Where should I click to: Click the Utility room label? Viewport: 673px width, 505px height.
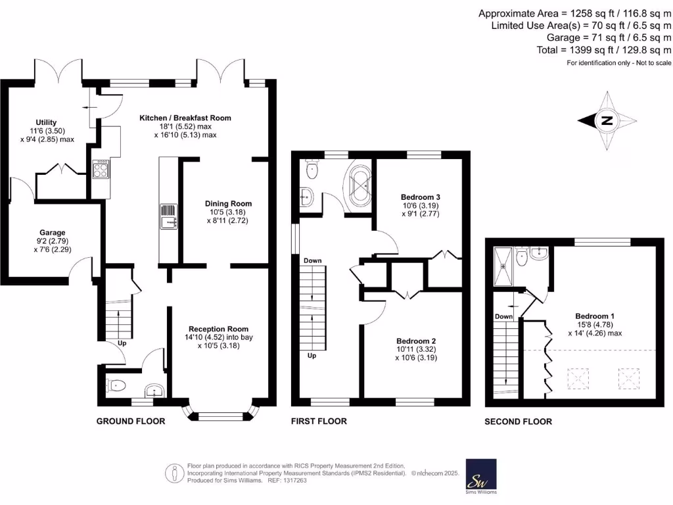point(46,122)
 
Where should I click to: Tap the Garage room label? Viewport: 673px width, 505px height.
point(53,233)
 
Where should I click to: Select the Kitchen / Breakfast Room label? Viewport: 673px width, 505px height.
point(185,118)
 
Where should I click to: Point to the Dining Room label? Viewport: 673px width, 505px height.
point(228,204)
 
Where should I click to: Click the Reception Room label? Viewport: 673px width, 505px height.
point(218,329)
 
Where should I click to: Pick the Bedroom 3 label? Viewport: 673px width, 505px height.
point(420,197)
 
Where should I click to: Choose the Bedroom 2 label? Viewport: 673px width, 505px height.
point(416,341)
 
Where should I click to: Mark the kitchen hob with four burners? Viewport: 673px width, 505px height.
point(101,170)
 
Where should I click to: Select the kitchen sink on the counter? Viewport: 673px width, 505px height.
point(167,217)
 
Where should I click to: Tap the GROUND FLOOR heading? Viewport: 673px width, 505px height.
point(130,421)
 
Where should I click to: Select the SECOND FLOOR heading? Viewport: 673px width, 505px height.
point(518,421)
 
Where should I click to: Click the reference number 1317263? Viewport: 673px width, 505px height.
point(293,481)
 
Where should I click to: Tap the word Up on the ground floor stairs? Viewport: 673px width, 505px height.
point(122,343)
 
